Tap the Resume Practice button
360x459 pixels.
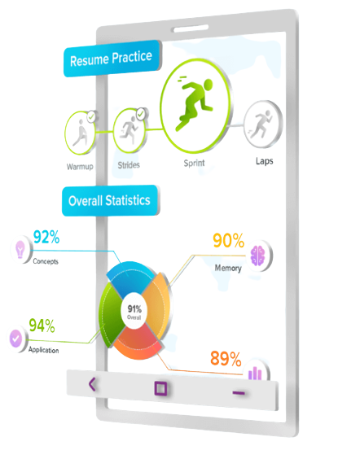[112, 59]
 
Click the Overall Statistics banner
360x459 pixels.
[110, 201]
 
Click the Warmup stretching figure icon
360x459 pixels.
[81, 133]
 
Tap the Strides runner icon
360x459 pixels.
[130, 130]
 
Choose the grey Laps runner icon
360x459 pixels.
[263, 125]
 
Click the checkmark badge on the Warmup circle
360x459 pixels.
[92, 117]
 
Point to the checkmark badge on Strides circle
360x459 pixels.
[141, 114]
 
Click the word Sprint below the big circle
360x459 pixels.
[194, 163]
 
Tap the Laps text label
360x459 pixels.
[264, 161]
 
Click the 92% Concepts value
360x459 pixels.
[46, 237]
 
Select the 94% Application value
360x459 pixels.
[42, 326]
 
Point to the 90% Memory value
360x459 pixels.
[229, 241]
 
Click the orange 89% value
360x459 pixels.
[226, 358]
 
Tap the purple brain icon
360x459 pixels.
[258, 256]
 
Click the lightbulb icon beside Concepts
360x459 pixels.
[20, 249]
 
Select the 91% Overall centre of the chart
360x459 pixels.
[134, 311]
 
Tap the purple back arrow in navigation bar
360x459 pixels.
[92, 384]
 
